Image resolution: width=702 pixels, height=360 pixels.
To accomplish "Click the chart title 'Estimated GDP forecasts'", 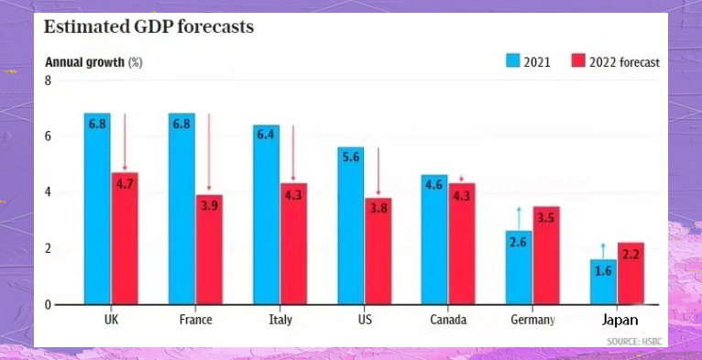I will [x=148, y=27].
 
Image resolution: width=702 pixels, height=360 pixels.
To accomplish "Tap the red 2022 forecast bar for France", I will [x=209, y=249].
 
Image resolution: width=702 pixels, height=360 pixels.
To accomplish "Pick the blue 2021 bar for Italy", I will [x=266, y=214].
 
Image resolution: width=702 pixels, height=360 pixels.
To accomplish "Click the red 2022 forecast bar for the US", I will [x=378, y=251].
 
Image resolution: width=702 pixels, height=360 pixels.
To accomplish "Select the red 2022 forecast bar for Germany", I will [x=546, y=256].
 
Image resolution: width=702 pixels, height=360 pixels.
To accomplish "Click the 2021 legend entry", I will [x=530, y=61].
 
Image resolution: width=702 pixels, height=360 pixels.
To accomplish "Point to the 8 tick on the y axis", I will [x=48, y=81].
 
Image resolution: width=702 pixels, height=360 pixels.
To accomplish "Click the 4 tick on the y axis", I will [x=48, y=192].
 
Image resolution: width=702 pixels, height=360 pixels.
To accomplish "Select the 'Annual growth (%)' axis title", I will [x=94, y=62].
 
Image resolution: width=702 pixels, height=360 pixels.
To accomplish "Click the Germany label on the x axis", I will [x=532, y=320].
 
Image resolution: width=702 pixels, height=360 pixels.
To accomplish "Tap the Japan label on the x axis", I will [x=620, y=321].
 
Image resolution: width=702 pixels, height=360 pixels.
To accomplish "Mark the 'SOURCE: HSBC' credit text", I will [x=634, y=342].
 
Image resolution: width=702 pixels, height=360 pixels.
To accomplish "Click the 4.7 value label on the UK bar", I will [x=125, y=182].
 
